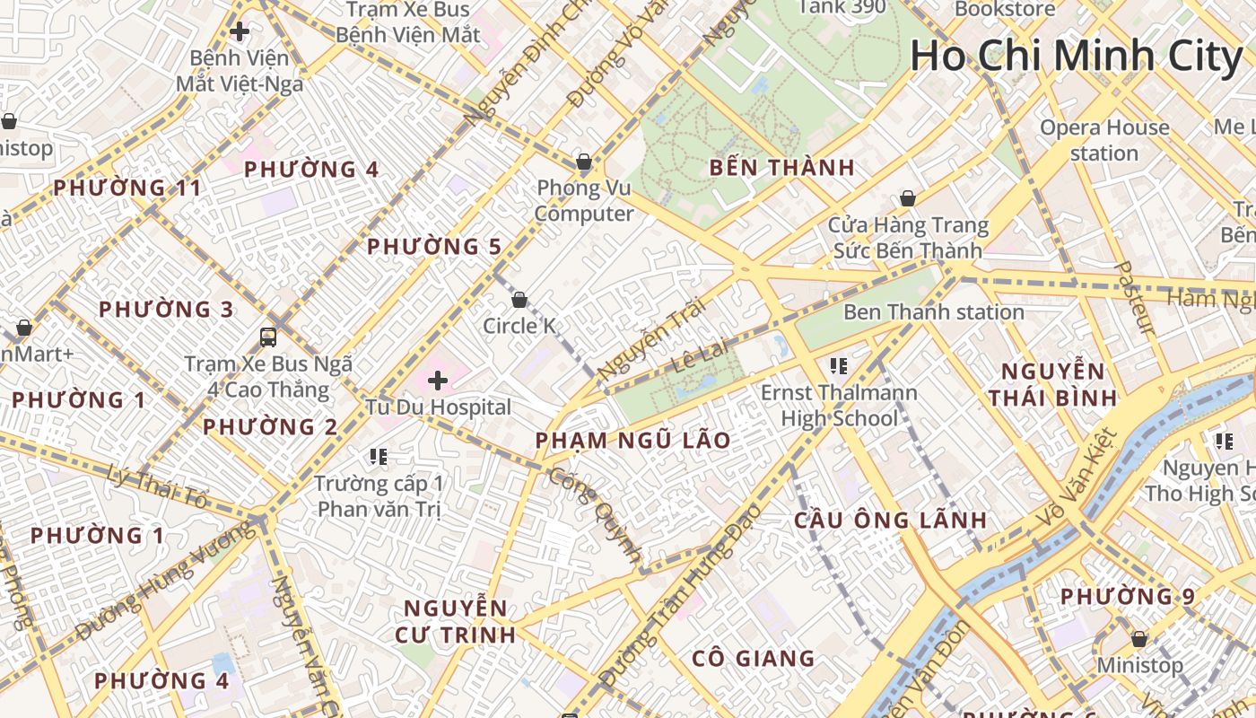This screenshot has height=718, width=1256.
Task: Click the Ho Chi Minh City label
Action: click(1076, 56)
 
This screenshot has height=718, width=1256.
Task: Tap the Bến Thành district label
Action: click(781, 168)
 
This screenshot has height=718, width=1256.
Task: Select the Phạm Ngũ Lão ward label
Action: click(632, 441)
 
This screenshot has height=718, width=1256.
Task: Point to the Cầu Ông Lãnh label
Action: click(891, 521)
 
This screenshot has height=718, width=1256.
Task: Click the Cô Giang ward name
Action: click(753, 659)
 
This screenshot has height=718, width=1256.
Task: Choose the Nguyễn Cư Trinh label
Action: click(456, 621)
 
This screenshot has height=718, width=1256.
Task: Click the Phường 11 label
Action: click(127, 188)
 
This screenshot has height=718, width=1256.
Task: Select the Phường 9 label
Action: click(1128, 597)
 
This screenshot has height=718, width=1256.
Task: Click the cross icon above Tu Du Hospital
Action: click(438, 381)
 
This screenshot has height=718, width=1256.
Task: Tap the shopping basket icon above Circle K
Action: click(519, 299)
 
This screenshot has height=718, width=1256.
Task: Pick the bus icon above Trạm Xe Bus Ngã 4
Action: click(268, 337)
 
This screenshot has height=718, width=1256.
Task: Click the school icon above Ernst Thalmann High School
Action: click(839, 365)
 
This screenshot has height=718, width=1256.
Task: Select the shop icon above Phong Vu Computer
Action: click(584, 162)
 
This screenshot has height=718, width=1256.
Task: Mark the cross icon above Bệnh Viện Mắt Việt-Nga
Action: click(240, 32)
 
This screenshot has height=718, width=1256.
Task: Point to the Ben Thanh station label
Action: click(933, 312)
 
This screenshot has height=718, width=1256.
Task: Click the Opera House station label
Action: click(1104, 140)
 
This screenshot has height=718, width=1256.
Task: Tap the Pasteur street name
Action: click(1134, 298)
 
